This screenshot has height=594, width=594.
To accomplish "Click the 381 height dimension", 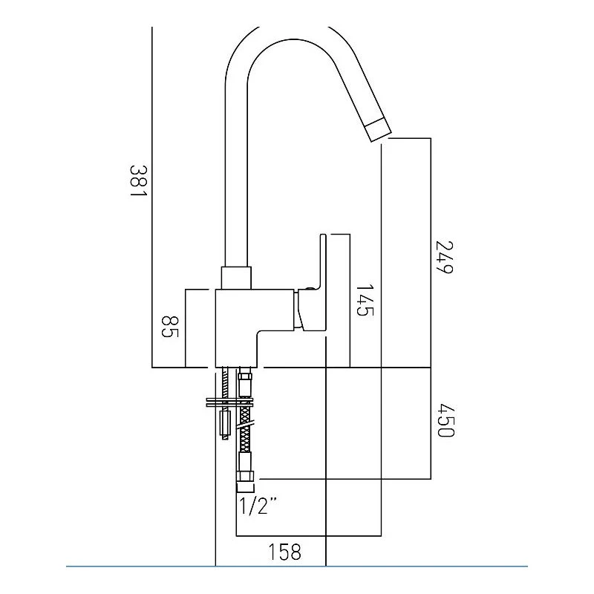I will coord(137,181).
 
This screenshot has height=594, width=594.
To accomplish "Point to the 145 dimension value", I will coord(363,300).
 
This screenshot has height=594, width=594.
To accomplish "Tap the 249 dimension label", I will coord(443,258).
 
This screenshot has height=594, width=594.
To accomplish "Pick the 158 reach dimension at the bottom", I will coord(284,552).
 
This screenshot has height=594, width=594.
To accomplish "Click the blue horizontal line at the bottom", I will coord(297,567).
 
